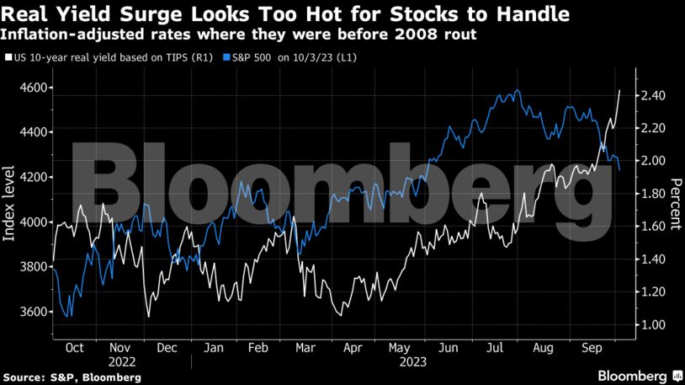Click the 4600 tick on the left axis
coord(36,88)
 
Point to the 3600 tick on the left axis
coord(36,312)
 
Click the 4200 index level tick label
coord(36,177)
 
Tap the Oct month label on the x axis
coord(74,346)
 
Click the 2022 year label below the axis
coord(121,361)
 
